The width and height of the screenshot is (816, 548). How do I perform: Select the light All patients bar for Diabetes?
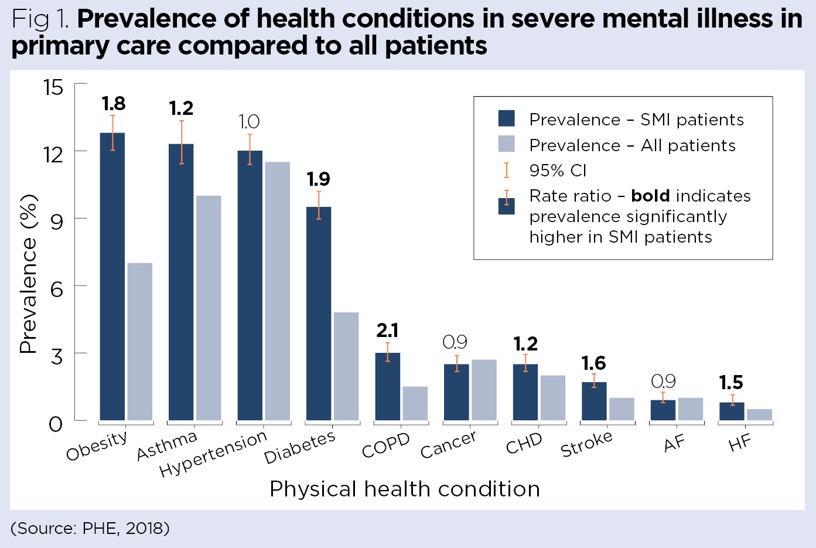346,366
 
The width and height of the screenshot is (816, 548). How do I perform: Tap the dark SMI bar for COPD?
387,386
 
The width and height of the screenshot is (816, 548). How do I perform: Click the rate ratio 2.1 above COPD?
387,331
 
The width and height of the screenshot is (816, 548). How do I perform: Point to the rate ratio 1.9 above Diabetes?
319,179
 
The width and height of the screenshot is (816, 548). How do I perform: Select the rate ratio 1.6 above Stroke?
593,363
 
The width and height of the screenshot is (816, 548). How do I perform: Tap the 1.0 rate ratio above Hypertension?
249,122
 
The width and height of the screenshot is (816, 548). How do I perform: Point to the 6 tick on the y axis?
56,289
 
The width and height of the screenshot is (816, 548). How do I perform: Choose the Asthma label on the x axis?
167,446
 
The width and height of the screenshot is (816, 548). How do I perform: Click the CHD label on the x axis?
524,444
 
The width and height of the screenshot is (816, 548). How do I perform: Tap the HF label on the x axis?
739,443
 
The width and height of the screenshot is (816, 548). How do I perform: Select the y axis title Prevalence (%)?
28,274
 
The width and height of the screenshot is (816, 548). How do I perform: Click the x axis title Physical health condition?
404,489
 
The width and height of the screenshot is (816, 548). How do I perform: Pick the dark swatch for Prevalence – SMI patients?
506,118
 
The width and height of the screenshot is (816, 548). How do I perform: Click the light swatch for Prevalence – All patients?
506,144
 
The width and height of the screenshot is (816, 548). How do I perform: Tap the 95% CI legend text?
558,171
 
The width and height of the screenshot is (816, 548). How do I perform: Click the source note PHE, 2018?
90,528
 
